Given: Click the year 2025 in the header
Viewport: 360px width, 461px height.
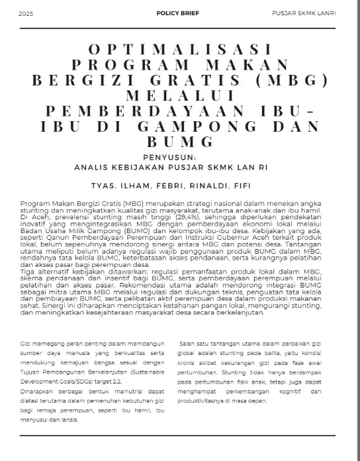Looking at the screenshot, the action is (x=26, y=13).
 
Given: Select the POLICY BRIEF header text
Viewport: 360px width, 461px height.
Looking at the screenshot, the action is (x=177, y=13).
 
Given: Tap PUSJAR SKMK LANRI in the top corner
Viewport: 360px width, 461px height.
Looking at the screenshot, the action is (x=304, y=13).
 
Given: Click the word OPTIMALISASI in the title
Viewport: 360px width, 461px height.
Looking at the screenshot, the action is (x=180, y=50).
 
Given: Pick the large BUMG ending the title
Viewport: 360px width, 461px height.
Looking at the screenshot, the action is (x=180, y=141).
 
